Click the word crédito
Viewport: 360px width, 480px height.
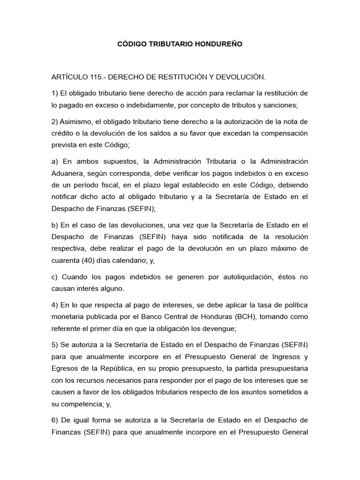click(x=63, y=133)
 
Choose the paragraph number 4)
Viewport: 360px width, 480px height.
click(x=55, y=306)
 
